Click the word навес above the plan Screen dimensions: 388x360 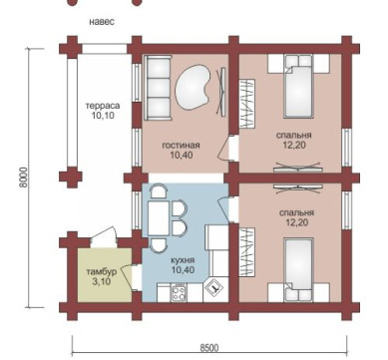click(102, 22)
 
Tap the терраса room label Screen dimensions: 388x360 click(103, 106)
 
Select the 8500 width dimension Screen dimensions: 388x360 click(209, 348)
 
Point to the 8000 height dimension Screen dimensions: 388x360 click(23, 178)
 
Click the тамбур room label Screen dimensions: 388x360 click(102, 272)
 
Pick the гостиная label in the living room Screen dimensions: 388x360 click(181, 146)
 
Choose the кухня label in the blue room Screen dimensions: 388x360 click(184, 260)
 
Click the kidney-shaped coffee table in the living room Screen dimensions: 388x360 click(193, 87)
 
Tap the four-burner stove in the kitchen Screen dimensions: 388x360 click(179, 293)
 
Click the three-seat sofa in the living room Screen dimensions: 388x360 click(158, 88)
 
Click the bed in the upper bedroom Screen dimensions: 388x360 click(299, 87)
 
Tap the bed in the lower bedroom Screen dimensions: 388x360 click(299, 269)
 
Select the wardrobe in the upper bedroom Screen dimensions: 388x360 click(247, 104)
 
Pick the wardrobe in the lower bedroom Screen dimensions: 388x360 click(247, 252)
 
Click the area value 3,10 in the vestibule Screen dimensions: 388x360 click(101, 282)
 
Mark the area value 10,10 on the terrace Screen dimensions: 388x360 click(103, 116)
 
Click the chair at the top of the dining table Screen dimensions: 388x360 click(159, 192)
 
